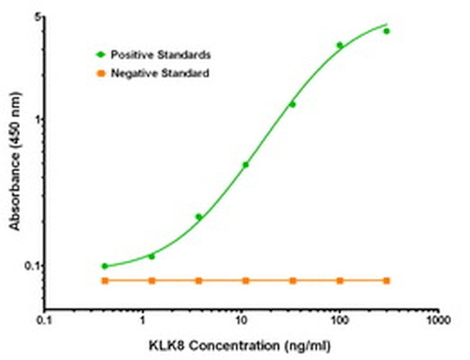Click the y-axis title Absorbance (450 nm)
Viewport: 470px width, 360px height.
pos(15,167)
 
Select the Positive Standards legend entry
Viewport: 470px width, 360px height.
pos(161,54)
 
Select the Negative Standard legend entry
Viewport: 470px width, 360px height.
pos(160,73)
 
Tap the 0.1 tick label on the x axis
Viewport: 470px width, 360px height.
pos(45,320)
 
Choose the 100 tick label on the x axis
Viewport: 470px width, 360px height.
pos(338,320)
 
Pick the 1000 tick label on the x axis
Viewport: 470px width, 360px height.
pos(436,320)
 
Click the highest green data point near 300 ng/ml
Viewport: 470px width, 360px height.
pos(386,31)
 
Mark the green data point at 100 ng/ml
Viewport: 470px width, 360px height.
pos(340,45)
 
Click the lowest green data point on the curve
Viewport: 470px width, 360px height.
pos(105,266)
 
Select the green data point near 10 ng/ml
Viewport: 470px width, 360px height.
pos(245,165)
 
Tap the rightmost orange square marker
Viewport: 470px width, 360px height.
pos(386,280)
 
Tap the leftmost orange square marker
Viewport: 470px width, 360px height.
pos(105,280)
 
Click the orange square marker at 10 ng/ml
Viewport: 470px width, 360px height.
pos(245,280)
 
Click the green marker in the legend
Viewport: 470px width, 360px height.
pos(101,54)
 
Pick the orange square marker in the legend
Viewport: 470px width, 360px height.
pos(101,73)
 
